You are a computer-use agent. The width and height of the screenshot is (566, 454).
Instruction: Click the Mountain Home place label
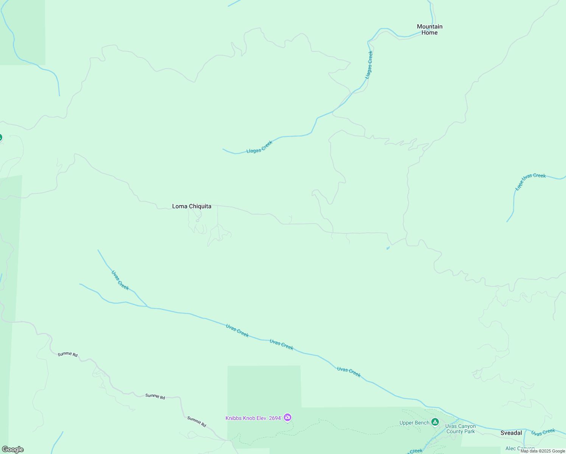point(429,30)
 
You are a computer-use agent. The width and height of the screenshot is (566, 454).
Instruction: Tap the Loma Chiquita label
point(191,206)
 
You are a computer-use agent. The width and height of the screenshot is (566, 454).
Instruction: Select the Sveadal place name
point(511,433)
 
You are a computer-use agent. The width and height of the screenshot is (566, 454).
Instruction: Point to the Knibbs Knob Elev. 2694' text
point(253,418)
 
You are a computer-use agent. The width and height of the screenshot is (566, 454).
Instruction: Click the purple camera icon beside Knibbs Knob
point(288,418)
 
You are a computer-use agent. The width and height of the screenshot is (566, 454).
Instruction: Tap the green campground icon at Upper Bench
point(435,422)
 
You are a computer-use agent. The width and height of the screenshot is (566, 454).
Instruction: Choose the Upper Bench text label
point(414,423)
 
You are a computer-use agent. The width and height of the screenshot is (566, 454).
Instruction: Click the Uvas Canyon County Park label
point(460,429)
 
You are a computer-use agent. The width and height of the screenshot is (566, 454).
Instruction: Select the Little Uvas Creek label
point(530,181)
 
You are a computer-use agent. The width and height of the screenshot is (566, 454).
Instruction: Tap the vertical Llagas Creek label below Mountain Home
point(369,65)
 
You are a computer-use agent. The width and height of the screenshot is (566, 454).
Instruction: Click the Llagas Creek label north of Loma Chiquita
point(260,147)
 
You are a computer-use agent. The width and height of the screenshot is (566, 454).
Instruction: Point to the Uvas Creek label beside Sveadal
point(543,432)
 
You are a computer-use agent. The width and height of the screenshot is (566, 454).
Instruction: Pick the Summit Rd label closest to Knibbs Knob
point(197,421)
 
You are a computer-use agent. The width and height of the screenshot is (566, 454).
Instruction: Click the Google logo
point(12,449)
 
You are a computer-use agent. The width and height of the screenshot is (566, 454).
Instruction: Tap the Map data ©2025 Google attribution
point(543,451)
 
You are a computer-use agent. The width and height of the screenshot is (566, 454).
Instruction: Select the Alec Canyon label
point(520,449)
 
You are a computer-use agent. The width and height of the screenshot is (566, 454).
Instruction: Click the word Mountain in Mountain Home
point(429,26)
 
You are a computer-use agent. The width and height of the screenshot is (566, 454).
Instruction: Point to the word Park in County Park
point(469,431)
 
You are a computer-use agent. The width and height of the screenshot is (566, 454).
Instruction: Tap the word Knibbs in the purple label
point(234,418)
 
